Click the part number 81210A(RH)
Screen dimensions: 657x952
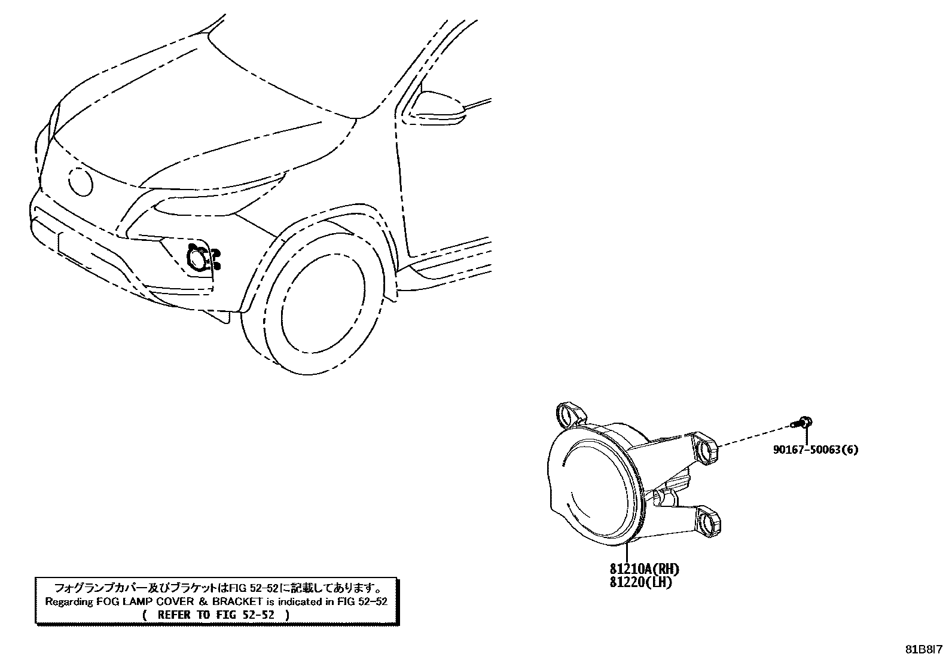[x=644, y=569]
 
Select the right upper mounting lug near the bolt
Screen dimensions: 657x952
[x=707, y=450]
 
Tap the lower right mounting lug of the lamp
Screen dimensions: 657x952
[x=710, y=521]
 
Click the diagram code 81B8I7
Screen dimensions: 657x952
[x=925, y=649]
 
